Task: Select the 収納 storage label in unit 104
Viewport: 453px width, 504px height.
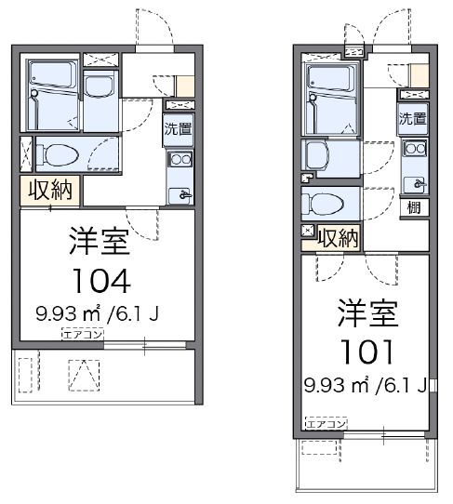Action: [x=49, y=191]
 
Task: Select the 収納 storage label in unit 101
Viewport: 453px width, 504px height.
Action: [x=339, y=238]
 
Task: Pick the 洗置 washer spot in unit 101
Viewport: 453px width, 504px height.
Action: [x=413, y=118]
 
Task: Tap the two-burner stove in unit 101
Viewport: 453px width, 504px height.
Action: [x=414, y=149]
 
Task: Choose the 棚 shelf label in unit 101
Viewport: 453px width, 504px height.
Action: [x=413, y=206]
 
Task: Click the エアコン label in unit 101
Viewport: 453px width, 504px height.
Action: [x=326, y=422]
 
